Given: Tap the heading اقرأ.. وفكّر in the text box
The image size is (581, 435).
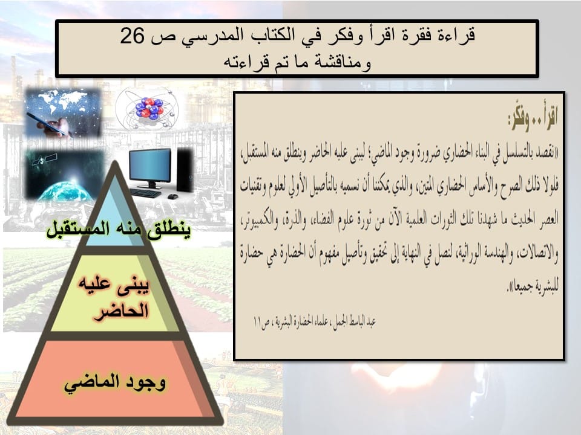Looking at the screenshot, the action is click(x=533, y=119).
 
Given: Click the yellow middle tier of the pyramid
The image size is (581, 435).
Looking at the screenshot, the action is click(x=115, y=293).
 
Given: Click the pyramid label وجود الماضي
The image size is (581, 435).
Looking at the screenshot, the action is click(x=115, y=382).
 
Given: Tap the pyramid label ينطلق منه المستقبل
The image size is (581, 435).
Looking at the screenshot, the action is click(x=119, y=230).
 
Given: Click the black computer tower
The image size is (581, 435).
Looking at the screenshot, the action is click(x=185, y=169).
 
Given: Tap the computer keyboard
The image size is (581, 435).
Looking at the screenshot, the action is click(x=146, y=193).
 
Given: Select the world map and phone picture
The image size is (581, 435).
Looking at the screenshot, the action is click(x=64, y=112).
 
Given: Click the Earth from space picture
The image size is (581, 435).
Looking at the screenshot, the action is click(x=64, y=175).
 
